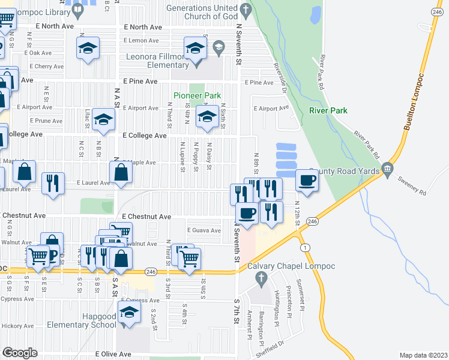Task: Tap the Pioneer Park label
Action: coord(197,95)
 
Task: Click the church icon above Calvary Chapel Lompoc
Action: coord(260,278)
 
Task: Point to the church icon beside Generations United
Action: coord(246,10)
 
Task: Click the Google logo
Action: coord(19,353)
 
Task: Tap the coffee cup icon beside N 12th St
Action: coord(307,181)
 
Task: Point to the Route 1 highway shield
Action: coord(306,248)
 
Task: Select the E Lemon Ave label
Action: coord(141,40)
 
